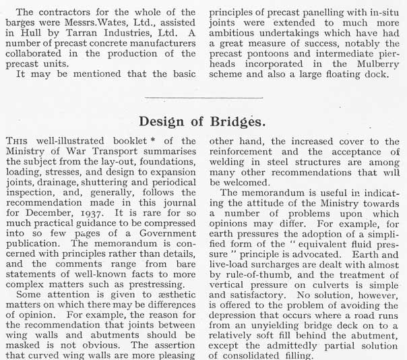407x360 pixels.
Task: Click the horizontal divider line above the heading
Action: tap(204, 97)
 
